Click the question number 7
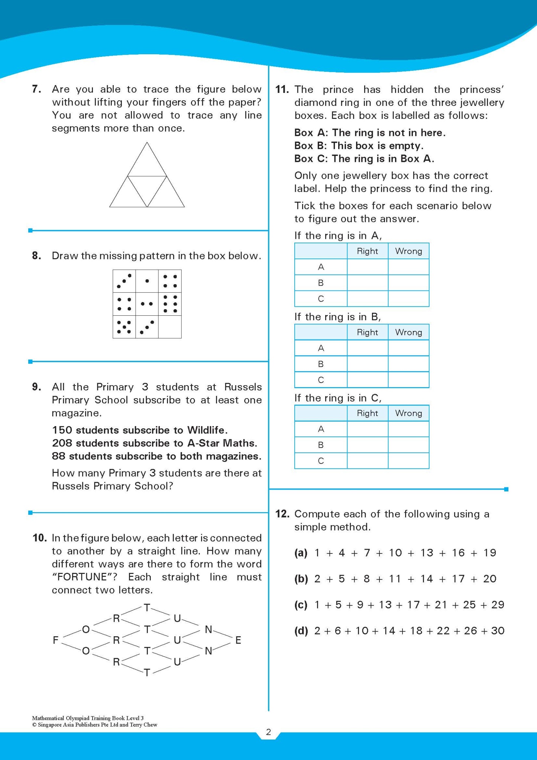click(x=36, y=89)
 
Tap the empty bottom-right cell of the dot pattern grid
click(x=170, y=327)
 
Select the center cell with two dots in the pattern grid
click(x=147, y=304)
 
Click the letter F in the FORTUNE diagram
click(x=56, y=640)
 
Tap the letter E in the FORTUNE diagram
click(x=238, y=640)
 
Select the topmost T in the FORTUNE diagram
click(x=147, y=608)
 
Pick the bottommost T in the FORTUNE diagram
click(x=147, y=673)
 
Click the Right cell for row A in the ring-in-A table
click(x=367, y=267)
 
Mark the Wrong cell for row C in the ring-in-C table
click(x=408, y=461)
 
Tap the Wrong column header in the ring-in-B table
click(x=408, y=332)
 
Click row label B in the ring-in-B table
click(x=321, y=364)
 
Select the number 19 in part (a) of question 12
click(x=489, y=553)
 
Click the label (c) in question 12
click(x=301, y=605)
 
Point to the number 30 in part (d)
click(x=497, y=631)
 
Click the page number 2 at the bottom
click(x=268, y=732)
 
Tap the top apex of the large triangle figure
click(x=147, y=143)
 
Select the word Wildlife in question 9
click(x=207, y=430)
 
